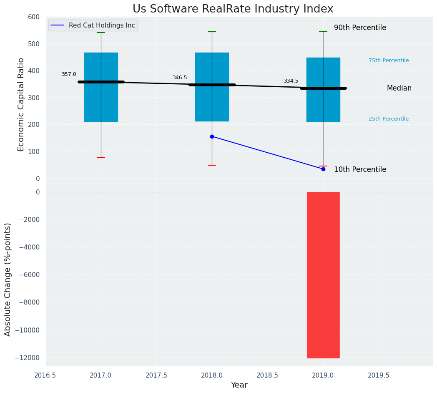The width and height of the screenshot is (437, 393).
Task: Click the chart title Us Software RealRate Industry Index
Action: (x=233, y=9)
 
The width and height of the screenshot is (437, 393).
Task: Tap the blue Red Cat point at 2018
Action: (x=212, y=136)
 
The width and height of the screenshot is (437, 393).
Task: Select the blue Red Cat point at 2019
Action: (x=323, y=169)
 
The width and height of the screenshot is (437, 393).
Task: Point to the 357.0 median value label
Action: (x=69, y=74)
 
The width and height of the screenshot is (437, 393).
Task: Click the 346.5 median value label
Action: (x=180, y=78)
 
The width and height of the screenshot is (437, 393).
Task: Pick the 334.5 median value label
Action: (x=291, y=81)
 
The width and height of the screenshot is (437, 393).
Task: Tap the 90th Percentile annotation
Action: (x=360, y=28)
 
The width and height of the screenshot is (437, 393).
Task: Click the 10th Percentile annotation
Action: (x=360, y=169)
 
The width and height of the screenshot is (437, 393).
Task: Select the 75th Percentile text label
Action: (x=389, y=60)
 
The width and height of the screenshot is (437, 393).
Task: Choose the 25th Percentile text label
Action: (x=389, y=119)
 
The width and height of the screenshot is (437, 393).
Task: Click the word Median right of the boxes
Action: (x=399, y=88)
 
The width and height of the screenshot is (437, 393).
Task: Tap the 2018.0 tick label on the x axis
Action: (x=212, y=375)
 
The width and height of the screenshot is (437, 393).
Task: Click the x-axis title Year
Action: (x=239, y=385)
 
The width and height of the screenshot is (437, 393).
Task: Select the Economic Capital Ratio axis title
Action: (x=21, y=104)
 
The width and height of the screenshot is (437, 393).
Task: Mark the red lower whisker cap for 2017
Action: (x=101, y=158)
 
